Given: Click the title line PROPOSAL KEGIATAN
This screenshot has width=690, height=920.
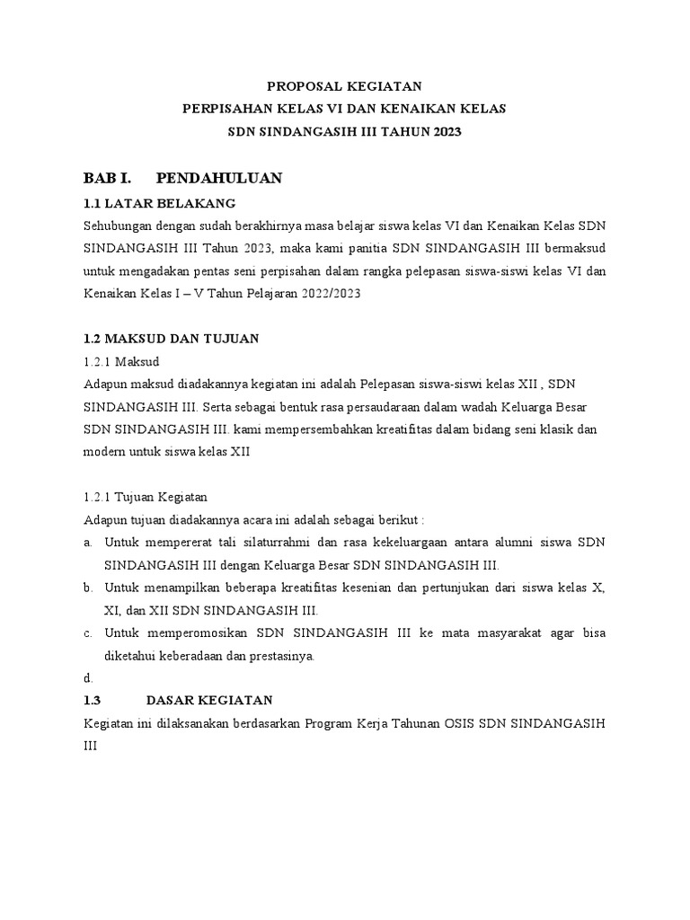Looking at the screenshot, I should click(345, 85).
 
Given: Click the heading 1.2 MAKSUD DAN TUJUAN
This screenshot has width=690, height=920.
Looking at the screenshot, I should click(171, 338).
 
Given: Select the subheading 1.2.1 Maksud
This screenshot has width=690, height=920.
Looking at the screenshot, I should click(120, 361).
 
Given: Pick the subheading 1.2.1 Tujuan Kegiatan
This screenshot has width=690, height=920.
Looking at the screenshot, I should click(146, 496).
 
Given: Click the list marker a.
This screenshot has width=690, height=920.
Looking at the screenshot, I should click(88, 543).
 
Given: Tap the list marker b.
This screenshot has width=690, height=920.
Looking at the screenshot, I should click(88, 588).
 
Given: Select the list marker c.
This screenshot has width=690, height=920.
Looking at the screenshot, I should click(88, 632).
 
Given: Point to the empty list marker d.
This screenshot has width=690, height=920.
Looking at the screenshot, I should click(88, 678).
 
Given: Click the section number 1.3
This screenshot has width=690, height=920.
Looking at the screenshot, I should click(94, 700).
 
